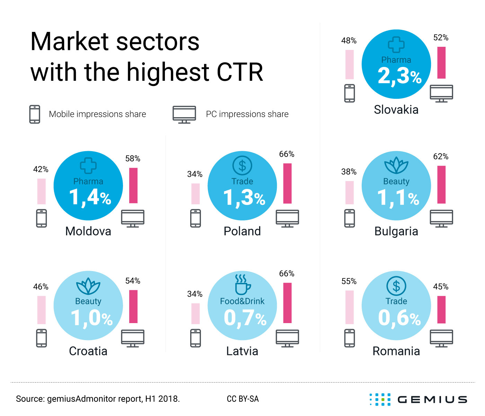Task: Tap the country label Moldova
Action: (88, 231)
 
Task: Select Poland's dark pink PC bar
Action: (287, 183)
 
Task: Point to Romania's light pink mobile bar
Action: (350, 307)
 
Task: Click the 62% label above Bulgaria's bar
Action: (441, 157)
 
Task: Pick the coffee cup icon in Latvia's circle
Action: (242, 285)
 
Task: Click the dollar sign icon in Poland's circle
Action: (242, 165)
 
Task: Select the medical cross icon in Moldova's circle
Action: (88, 166)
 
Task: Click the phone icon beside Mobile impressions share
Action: (35, 114)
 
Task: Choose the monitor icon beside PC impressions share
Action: (184, 114)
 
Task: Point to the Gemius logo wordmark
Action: (432, 399)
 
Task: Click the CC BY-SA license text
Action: (242, 399)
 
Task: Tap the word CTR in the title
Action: (240, 72)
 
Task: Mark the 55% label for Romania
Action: (349, 281)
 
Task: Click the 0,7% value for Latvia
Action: (245, 318)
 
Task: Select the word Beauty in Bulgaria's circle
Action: (396, 181)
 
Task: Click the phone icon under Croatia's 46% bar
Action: (41, 338)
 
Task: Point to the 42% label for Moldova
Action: (41, 169)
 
